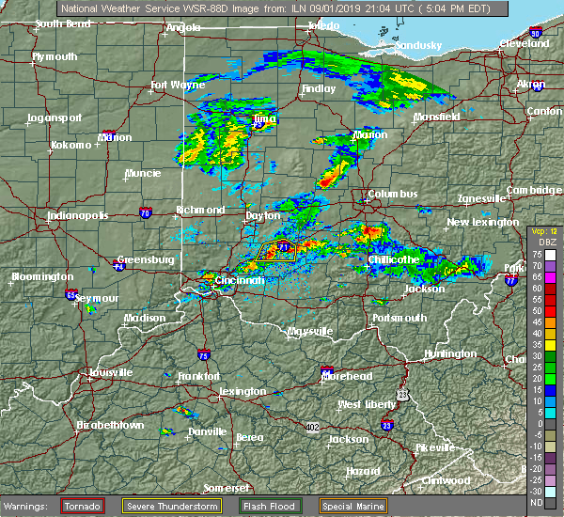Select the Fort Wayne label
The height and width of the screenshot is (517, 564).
(178, 86)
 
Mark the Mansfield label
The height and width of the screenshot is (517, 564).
(437, 117)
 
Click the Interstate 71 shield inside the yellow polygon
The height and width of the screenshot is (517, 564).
(282, 247)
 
